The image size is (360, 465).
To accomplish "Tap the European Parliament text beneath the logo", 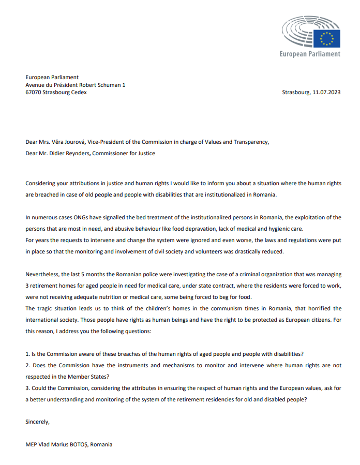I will coord(310,54).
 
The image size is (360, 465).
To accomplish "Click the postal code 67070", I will coord(34,93).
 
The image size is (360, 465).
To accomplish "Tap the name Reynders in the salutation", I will coord(77,153).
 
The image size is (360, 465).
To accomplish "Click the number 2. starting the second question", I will coord(28,365).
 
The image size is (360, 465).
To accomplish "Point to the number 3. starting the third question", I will coord(28,388).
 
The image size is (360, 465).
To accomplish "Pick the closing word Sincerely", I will coord(38,422).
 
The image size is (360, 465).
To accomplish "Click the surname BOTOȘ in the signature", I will coord(77,444).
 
